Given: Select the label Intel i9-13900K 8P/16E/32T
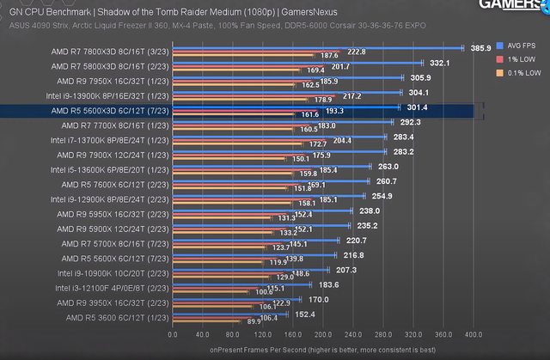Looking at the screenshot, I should pyautogui.click(x=108, y=96).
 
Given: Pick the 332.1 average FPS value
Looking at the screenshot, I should pyautogui.click(x=440, y=63).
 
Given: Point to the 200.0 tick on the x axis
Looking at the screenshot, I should pyautogui.click(x=323, y=335).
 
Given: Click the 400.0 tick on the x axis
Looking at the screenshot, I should pyautogui.click(x=474, y=335).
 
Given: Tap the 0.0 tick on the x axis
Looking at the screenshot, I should pyautogui.click(x=173, y=335).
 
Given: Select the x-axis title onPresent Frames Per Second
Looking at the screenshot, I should pyautogui.click(x=322, y=349).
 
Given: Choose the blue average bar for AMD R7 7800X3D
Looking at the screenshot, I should pyautogui.click(x=318, y=48).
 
